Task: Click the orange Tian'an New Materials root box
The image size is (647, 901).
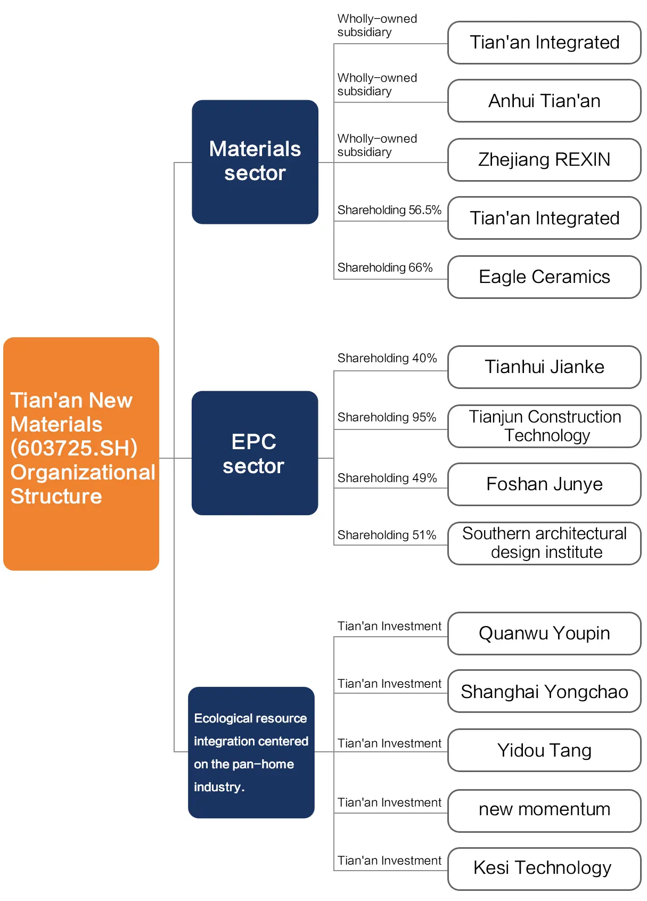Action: [x=81, y=454]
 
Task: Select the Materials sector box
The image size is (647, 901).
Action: [x=255, y=162]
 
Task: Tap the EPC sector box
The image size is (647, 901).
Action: [x=255, y=453]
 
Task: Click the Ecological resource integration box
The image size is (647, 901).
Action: [x=251, y=752]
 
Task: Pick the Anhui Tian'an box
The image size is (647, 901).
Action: [x=544, y=101]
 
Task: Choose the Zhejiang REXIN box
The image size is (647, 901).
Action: [x=544, y=160]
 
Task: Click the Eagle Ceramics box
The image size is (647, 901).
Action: [x=544, y=277]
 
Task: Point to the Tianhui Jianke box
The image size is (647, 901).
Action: [x=544, y=367]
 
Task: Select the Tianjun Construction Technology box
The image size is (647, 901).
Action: [x=544, y=426]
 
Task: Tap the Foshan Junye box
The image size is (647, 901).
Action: [x=544, y=484]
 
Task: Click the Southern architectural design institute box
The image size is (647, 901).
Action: [x=544, y=543]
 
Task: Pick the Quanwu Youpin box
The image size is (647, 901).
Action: [x=544, y=634]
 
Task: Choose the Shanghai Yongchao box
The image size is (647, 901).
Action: [x=544, y=692]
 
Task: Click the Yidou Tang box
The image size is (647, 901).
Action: [x=544, y=751]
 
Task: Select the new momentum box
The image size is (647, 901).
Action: [x=544, y=811]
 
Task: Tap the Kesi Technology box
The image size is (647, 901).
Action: [x=544, y=869]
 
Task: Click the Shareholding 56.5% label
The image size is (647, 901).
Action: [x=389, y=210]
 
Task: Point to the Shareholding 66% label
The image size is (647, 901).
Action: [x=385, y=268]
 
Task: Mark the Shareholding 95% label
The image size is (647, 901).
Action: [x=387, y=418]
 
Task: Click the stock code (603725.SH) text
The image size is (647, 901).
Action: [x=74, y=448]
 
